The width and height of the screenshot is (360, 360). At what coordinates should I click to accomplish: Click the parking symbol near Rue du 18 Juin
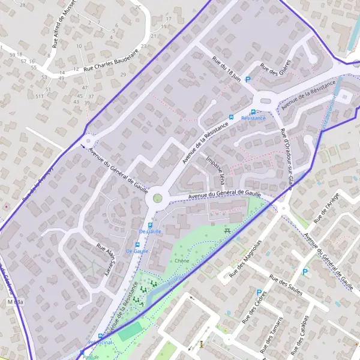247,79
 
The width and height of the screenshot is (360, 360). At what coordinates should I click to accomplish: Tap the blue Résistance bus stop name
253,119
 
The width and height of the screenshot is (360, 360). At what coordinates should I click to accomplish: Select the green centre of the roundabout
157,198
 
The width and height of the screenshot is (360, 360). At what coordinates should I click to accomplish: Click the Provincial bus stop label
100,342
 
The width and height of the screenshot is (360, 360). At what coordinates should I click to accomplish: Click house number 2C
139,7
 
